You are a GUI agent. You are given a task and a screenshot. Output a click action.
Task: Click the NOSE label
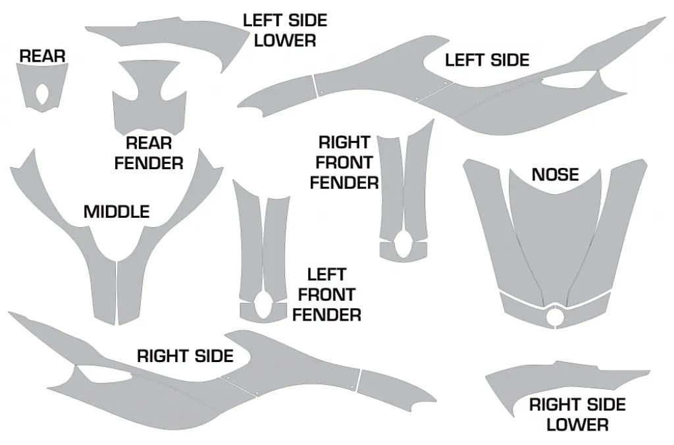point(555,174)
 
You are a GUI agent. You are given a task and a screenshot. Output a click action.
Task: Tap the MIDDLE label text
point(117,211)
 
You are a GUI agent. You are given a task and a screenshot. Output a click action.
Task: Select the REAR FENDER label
point(149,153)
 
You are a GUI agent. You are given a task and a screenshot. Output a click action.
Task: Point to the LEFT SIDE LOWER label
point(285,30)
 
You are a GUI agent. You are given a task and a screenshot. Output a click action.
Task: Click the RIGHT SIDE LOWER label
point(577,415)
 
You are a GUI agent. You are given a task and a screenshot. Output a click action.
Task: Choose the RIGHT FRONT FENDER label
point(344,163)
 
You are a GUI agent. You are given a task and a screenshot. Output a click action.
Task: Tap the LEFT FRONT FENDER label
point(326,294)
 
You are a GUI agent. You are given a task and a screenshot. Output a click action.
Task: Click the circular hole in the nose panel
point(554,317)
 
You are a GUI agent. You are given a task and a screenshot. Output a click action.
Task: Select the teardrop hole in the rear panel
point(43,94)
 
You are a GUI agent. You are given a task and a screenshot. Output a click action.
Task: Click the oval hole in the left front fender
point(263,305)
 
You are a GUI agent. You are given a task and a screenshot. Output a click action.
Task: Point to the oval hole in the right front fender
point(403,244)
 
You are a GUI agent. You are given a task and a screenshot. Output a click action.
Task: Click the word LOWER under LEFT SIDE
point(285,40)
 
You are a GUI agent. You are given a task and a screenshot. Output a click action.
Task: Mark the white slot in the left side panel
point(567,81)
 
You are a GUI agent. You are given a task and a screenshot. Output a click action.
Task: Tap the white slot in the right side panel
point(105,375)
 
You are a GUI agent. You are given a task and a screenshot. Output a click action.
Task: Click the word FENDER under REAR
point(149,163)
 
